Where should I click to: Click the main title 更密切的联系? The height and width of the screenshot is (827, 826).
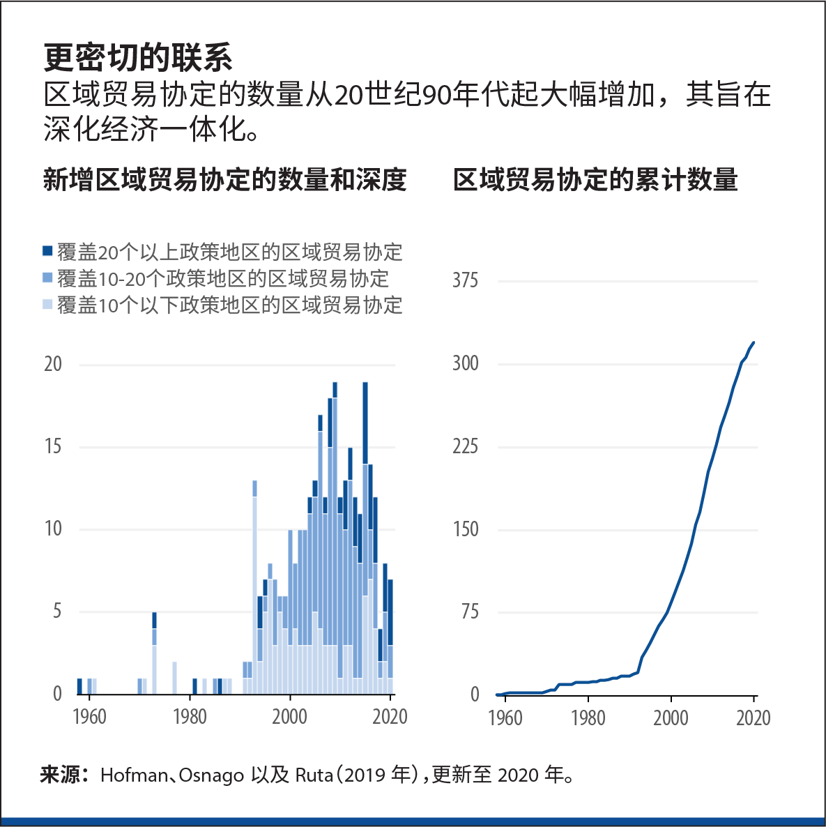pyautogui.click(x=138, y=58)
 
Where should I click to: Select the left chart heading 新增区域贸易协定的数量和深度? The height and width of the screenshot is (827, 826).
pyautogui.click(x=224, y=180)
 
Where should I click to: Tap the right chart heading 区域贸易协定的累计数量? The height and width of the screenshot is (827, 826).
pyautogui.click(x=595, y=180)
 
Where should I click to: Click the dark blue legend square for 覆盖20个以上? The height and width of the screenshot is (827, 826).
pyautogui.click(x=47, y=251)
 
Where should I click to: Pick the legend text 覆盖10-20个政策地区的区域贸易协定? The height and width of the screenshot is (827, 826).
pyautogui.click(x=223, y=279)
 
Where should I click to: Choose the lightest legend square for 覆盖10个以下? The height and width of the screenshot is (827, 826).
pyautogui.click(x=47, y=305)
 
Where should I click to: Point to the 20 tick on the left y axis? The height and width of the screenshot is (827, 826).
pyautogui.click(x=53, y=364)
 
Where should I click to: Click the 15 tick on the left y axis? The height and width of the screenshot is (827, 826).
pyautogui.click(x=53, y=446)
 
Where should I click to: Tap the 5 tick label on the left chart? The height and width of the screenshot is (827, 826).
pyautogui.click(x=57, y=612)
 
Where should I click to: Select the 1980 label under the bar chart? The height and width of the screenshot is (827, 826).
pyautogui.click(x=190, y=717)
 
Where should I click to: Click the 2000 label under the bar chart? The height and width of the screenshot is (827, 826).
pyautogui.click(x=289, y=717)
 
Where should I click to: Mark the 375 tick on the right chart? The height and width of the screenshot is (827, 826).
pyautogui.click(x=465, y=281)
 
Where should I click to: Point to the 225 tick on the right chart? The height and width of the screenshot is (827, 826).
pyautogui.click(x=465, y=446)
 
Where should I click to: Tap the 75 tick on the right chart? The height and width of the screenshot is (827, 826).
pyautogui.click(x=470, y=612)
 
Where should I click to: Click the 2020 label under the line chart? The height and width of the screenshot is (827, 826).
pyautogui.click(x=753, y=718)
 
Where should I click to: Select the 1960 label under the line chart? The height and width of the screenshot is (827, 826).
pyautogui.click(x=505, y=718)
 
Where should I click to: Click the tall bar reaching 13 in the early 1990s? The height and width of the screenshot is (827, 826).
pyautogui.click(x=254, y=586)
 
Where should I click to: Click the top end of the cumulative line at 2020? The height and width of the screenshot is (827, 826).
pyautogui.click(x=754, y=343)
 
